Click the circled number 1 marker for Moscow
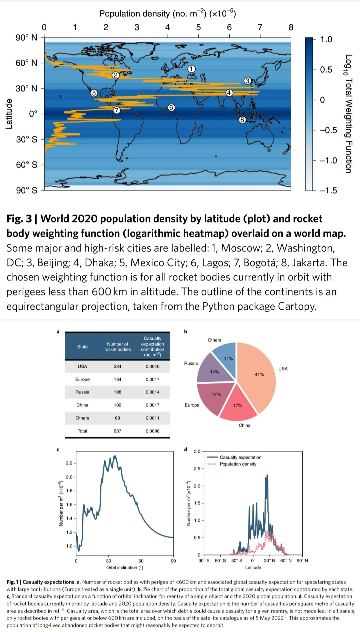click(191, 69)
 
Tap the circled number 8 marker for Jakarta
click(242, 120)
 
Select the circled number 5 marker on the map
click(94, 93)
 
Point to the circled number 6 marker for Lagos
click(171, 107)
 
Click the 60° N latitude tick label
click(26, 63)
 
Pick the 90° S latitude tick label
click(27, 190)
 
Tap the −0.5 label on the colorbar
click(328, 130)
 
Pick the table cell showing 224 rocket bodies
click(117, 366)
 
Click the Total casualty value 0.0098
click(152, 431)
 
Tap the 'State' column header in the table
click(82, 347)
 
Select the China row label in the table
click(82, 405)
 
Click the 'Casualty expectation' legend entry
click(240, 457)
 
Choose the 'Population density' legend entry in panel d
click(238, 464)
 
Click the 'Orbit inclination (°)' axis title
click(125, 568)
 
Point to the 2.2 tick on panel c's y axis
click(69, 463)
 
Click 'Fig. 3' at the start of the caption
click(19, 219)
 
